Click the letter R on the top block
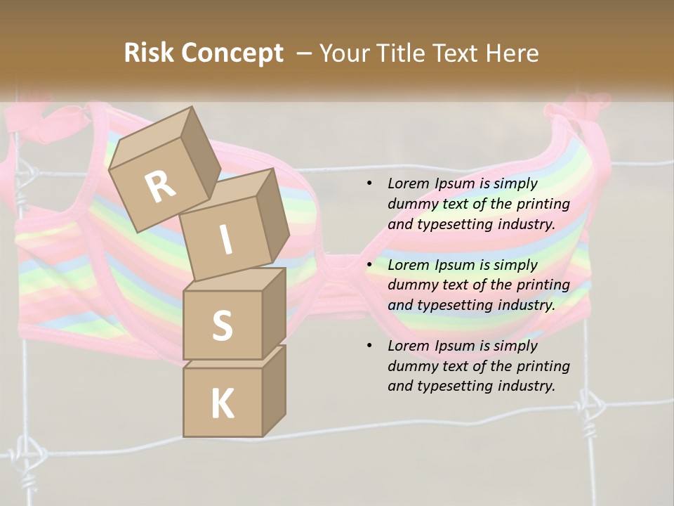click(160, 187)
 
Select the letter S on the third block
click(222, 326)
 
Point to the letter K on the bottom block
click(222, 404)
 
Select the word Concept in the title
click(232, 53)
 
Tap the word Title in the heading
click(401, 53)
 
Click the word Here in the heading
click(515, 53)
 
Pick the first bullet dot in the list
click(369, 184)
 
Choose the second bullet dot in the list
click(369, 266)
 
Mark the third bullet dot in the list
click(369, 346)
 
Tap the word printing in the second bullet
click(543, 285)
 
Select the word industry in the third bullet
click(527, 386)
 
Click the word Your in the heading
click(343, 53)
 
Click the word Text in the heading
click(458, 53)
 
